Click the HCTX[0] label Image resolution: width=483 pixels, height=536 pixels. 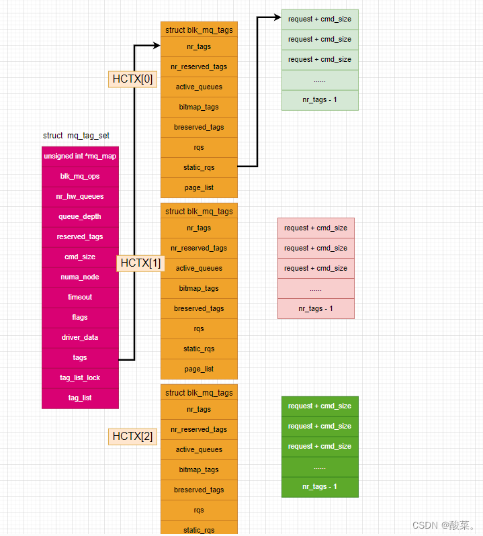tap(132, 79)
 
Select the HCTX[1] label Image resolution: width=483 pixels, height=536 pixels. tap(141, 263)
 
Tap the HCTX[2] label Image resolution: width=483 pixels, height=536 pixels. tap(132, 437)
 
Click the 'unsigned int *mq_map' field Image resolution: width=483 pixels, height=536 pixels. tap(80, 156)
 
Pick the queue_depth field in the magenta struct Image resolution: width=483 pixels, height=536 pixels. tap(80, 216)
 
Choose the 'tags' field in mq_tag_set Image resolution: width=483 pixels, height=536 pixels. tap(80, 357)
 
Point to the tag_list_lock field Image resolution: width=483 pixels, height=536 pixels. tap(80, 377)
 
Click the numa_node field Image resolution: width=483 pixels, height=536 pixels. tap(80, 277)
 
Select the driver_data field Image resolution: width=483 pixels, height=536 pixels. tap(80, 337)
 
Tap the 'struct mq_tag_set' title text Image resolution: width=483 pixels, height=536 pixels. tap(76, 136)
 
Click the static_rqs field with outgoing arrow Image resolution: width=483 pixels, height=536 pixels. tap(199, 167)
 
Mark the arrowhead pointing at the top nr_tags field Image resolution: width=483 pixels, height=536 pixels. tap(157, 46)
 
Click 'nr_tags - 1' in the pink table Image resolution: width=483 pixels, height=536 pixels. tap(316, 309)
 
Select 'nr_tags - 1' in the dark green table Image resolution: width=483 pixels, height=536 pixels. tap(320, 486)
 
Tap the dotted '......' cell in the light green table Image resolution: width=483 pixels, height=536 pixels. tap(320, 79)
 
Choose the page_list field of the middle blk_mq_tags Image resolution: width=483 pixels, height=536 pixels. tap(199, 369)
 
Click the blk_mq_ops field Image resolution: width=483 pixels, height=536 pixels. tap(80, 176)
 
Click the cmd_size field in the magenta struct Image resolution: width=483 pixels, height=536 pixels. tap(80, 257)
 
